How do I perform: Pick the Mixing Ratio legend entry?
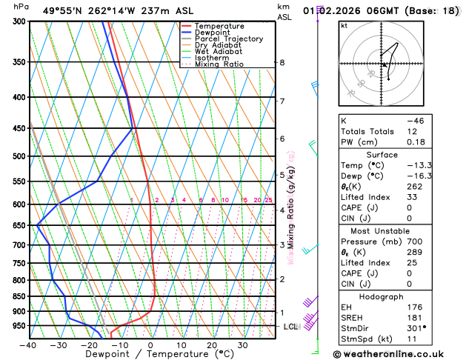point(218,64)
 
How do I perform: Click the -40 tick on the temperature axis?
point(29,344)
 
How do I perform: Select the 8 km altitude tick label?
point(282,63)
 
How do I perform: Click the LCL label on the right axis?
point(290,327)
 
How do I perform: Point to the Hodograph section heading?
point(381,296)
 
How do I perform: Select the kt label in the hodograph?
point(344,25)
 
